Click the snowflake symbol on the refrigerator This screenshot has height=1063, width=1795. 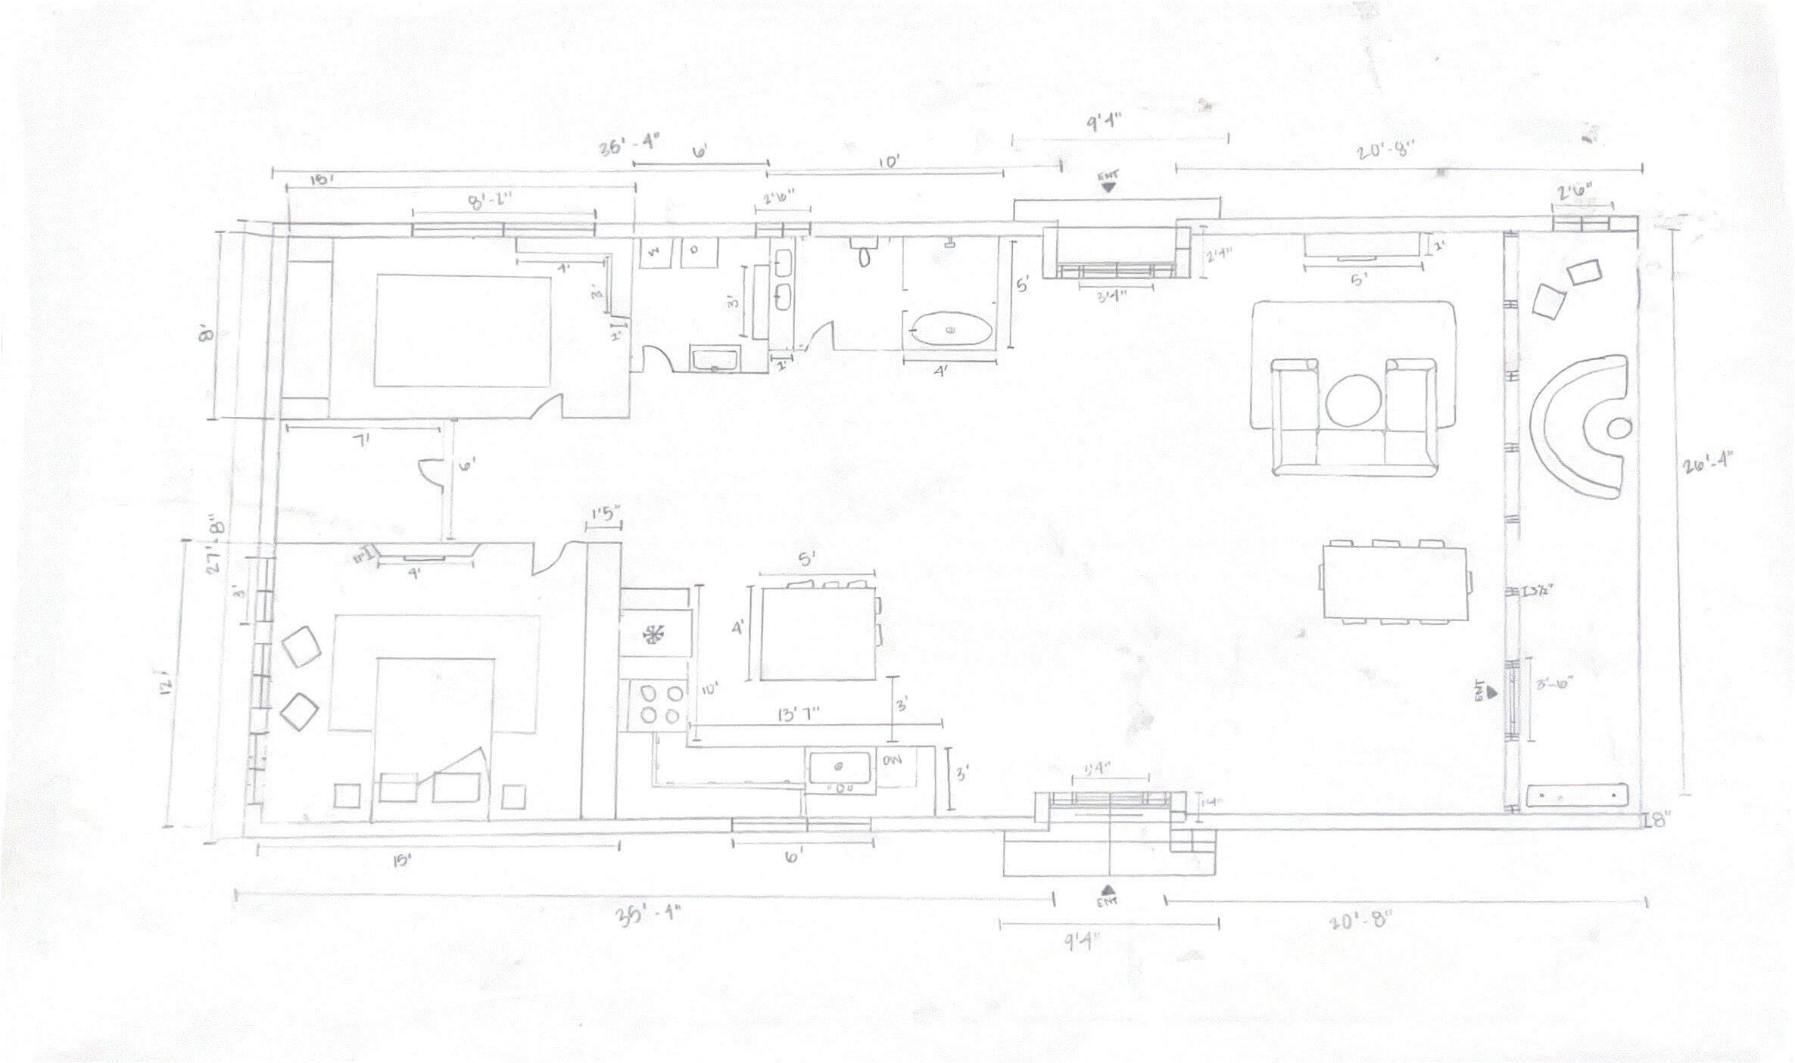tap(653, 633)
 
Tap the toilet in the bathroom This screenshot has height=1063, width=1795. tap(864, 256)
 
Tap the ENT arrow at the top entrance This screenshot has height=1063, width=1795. tap(1108, 186)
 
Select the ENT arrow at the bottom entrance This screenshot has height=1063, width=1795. tap(1108, 890)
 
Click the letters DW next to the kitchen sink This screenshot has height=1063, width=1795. tap(893, 760)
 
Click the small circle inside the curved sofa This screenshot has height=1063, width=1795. tap(1619, 428)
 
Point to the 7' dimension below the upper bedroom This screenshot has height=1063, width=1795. tap(363, 440)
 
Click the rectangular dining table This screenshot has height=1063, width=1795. tap(1395, 582)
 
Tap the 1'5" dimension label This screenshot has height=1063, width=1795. tap(604, 514)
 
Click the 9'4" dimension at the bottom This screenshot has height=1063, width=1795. tap(1083, 942)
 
